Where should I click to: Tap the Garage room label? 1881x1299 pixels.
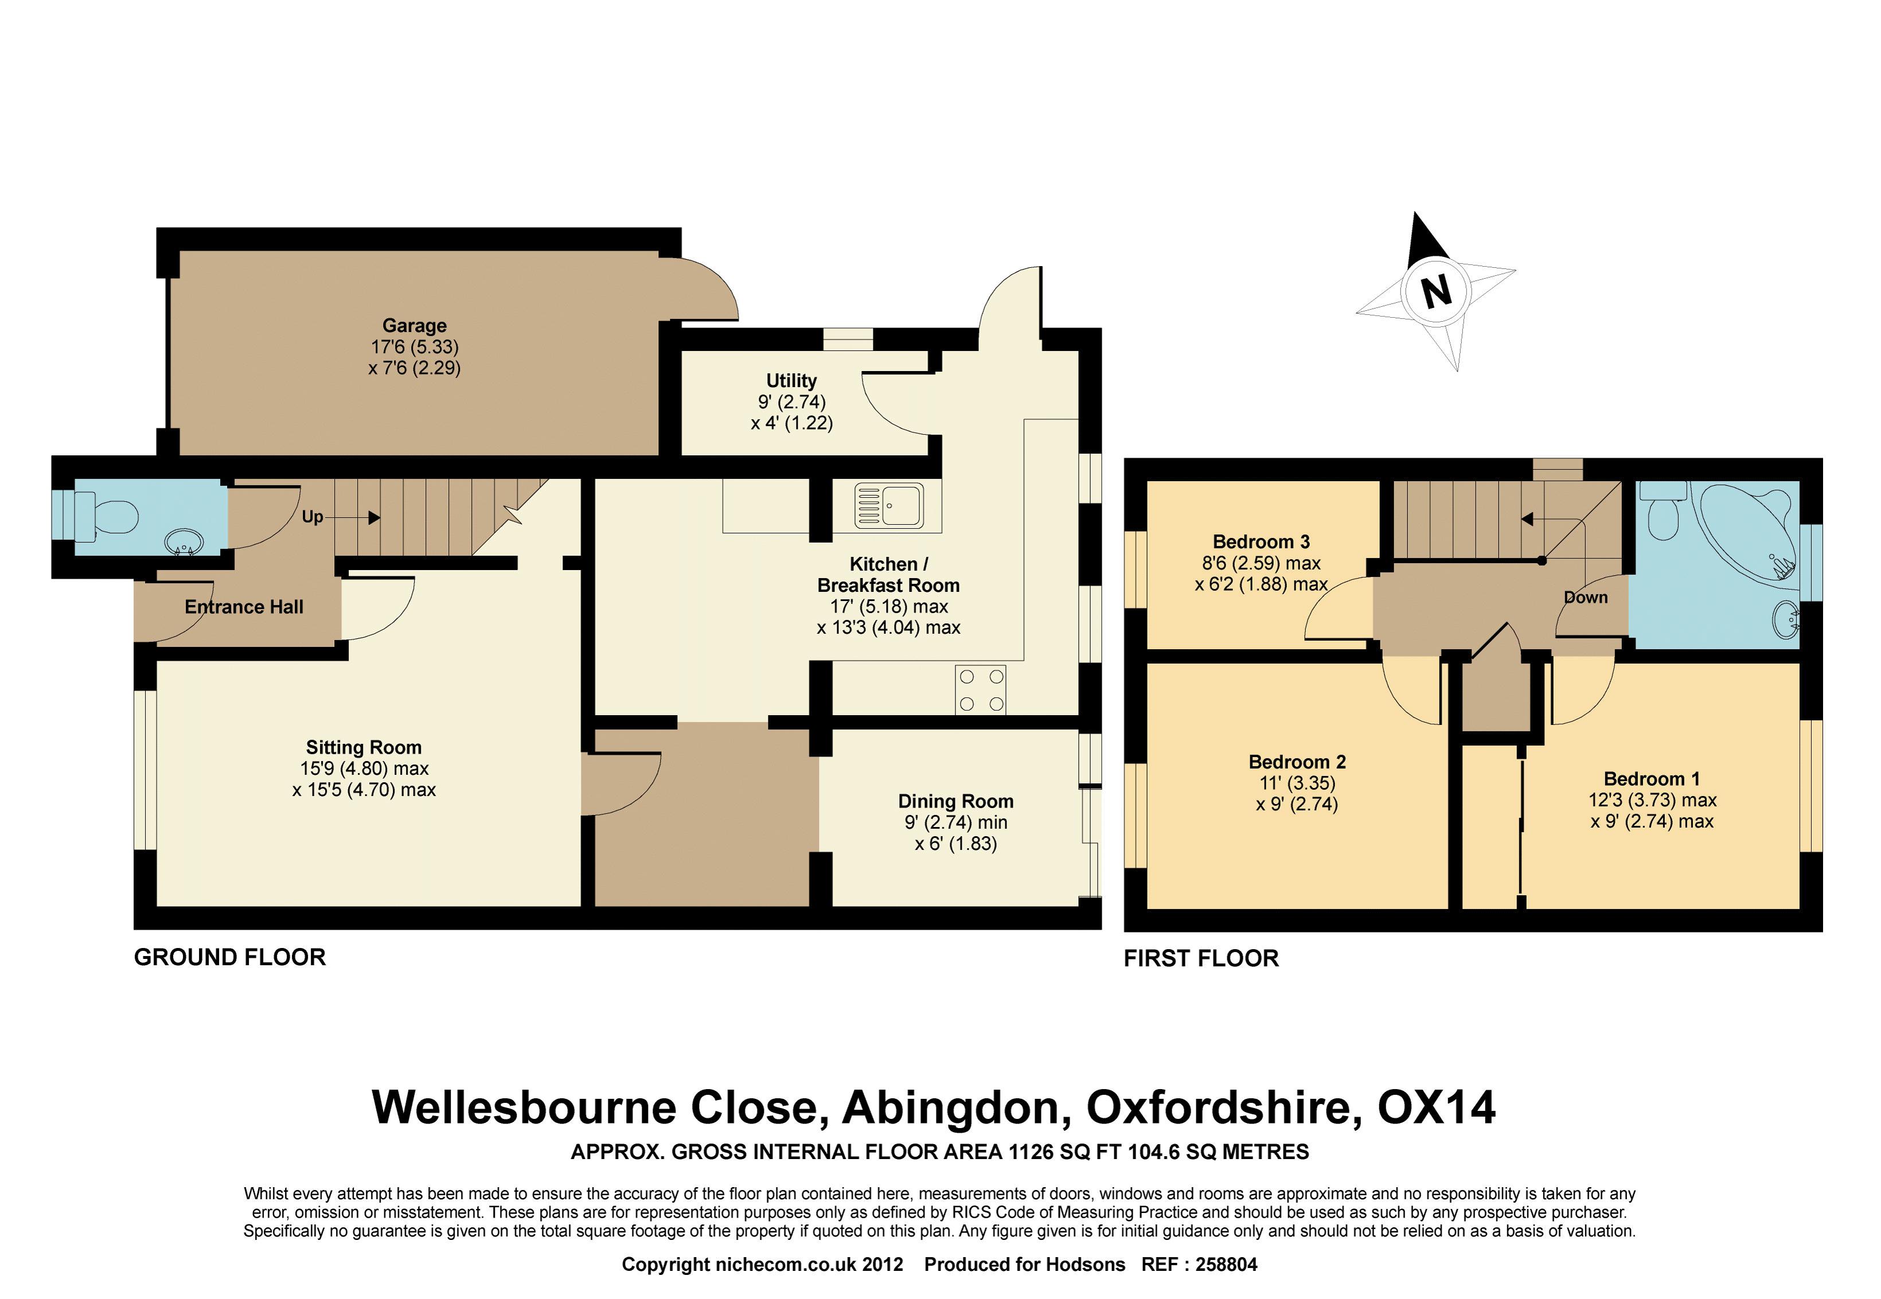414,326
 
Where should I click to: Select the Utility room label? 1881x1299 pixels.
791,380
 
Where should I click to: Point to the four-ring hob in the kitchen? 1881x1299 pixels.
981,690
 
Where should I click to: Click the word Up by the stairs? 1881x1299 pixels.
313,517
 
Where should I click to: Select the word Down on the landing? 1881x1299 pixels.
1586,598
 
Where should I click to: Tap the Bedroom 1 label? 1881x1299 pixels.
1652,779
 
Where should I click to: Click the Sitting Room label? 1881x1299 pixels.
364,747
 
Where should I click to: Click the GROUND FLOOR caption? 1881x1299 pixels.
229,957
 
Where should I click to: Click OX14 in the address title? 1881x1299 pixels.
1436,1107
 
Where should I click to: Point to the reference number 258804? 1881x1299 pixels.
1227,1265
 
